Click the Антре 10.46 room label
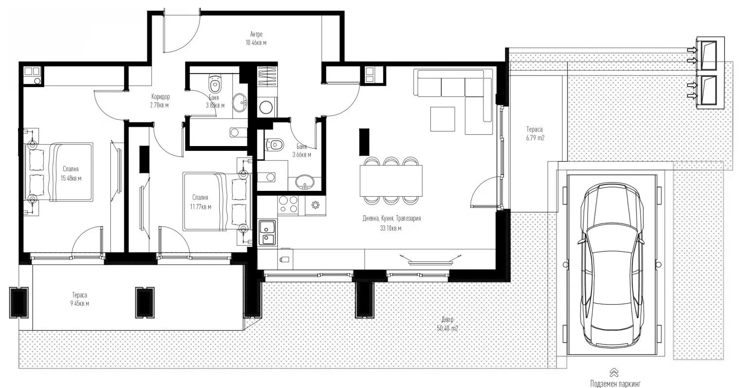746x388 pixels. click(256, 38)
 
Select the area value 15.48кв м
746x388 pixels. click(71, 178)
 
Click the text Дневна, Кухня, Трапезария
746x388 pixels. click(391, 219)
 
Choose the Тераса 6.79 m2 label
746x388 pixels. click(535, 134)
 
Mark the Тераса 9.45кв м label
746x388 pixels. click(80, 299)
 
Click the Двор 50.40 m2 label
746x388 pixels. click(447, 324)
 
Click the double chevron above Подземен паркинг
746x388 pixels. click(614, 372)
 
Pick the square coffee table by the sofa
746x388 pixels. click(443, 119)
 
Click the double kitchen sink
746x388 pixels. click(267, 232)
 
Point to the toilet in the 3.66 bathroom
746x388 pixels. click(275, 145)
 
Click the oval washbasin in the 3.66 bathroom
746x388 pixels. click(306, 182)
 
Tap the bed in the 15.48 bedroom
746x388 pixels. click(68, 172)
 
